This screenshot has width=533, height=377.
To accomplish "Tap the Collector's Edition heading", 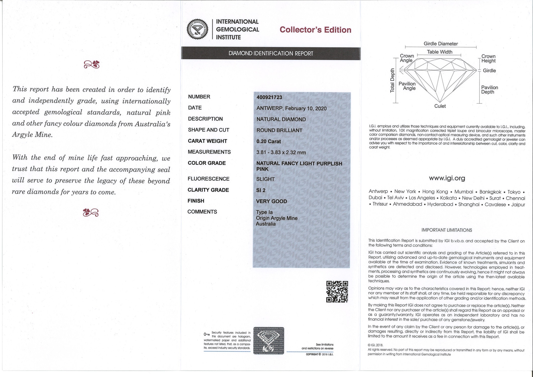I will pyautogui.click(x=315, y=30).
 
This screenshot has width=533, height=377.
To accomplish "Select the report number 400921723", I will pyautogui.click(x=269, y=97).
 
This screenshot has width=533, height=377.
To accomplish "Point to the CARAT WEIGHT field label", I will pyautogui.click(x=207, y=141).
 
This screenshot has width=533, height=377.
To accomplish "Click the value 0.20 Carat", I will pyautogui.click(x=269, y=142).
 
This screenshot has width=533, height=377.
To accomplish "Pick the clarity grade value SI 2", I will pyautogui.click(x=261, y=190).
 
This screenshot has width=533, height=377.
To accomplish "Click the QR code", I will pyautogui.click(x=337, y=292).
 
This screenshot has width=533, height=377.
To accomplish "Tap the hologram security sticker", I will pyautogui.click(x=269, y=341).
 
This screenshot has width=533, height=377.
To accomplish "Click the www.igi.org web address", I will pyautogui.click(x=447, y=178).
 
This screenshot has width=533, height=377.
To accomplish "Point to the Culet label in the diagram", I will pyautogui.click(x=440, y=106).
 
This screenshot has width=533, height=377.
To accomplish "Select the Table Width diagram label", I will pyautogui.click(x=440, y=52).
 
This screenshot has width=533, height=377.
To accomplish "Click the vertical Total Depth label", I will pyautogui.click(x=392, y=80).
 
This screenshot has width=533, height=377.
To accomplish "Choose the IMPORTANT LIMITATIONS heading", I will pyautogui.click(x=447, y=230).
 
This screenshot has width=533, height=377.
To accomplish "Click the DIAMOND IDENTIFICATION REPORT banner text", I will pyautogui.click(x=271, y=54).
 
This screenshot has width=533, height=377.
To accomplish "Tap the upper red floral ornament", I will pyautogui.click(x=91, y=64).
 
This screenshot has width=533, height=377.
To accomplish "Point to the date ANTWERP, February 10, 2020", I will pyautogui.click(x=291, y=109).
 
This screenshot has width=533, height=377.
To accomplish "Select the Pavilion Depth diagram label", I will pyautogui.click(x=489, y=90).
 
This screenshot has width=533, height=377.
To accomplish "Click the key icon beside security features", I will pyautogui.click(x=207, y=334).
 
